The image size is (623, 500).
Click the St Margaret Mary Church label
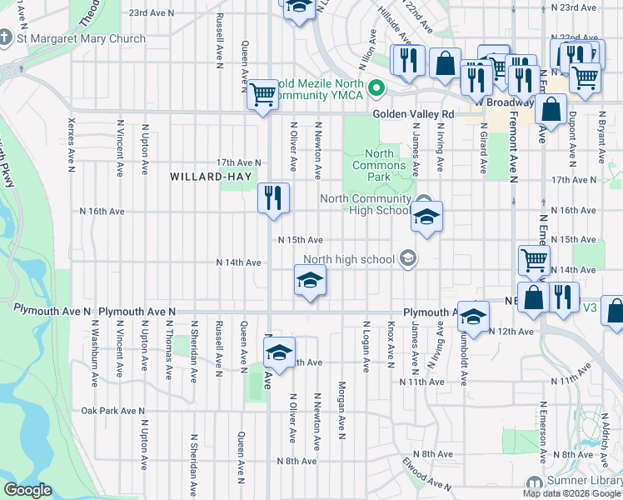point(81,38)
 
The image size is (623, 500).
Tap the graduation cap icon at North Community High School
point(426,217)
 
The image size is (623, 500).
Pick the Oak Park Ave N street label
point(113,411)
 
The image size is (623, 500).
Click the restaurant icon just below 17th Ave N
point(273,198)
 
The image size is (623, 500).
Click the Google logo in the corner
point(27,489)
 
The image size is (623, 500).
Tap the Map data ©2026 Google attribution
point(571,493)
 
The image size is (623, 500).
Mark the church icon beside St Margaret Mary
point(6,38)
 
